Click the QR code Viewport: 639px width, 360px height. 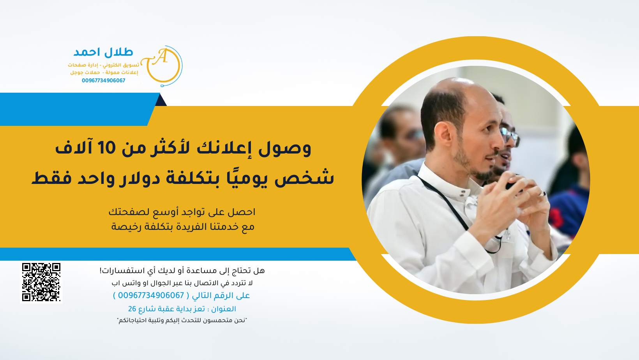click(41, 282)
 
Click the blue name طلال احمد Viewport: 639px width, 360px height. click(103, 52)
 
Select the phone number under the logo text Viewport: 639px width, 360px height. click(104, 81)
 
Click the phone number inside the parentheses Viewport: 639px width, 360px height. click(151, 296)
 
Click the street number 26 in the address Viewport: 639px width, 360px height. click(132, 309)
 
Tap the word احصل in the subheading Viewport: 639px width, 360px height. click(242, 212)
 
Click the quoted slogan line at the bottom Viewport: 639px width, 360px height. click(182, 320)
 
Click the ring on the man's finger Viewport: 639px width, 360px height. click(542, 194)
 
